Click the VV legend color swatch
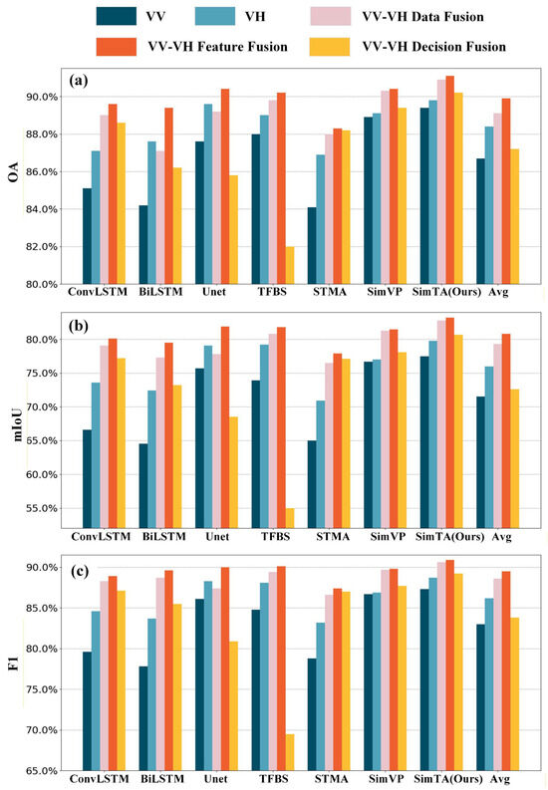pyautogui.click(x=116, y=17)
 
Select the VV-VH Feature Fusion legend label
pyautogui.click(x=217, y=47)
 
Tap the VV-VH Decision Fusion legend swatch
pyautogui.click(x=330, y=47)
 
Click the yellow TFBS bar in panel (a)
pyautogui.click(x=290, y=266)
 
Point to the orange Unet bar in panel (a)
pyautogui.click(x=225, y=186)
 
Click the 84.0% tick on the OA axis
pyautogui.click(x=41, y=209)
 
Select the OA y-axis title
pyautogui.click(x=14, y=171)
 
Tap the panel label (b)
pyautogui.click(x=79, y=326)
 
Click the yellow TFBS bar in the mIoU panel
pyautogui.click(x=290, y=518)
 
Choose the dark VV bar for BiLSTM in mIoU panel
pyautogui.click(x=143, y=486)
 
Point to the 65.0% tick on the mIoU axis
pyautogui.click(x=41, y=441)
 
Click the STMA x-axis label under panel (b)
pyautogui.click(x=333, y=537)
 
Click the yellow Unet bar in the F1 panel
pyautogui.click(x=234, y=706)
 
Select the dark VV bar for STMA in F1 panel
pyautogui.click(x=312, y=714)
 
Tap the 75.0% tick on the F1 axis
pyautogui.click(x=41, y=689)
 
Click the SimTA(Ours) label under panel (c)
pyautogui.click(x=448, y=779)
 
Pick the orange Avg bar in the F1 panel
pyautogui.click(x=506, y=671)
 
